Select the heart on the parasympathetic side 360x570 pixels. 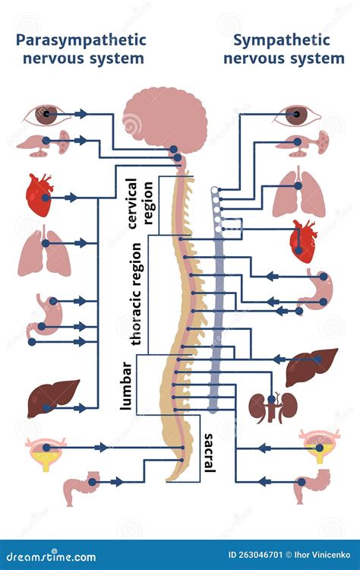39,195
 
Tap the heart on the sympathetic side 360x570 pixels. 303,242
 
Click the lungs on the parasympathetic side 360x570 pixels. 44,251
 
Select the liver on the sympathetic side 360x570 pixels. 311,366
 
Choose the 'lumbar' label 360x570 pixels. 126,386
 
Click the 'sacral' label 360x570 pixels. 209,452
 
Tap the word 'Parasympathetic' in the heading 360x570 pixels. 81,40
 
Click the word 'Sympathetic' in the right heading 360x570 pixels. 282,40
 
